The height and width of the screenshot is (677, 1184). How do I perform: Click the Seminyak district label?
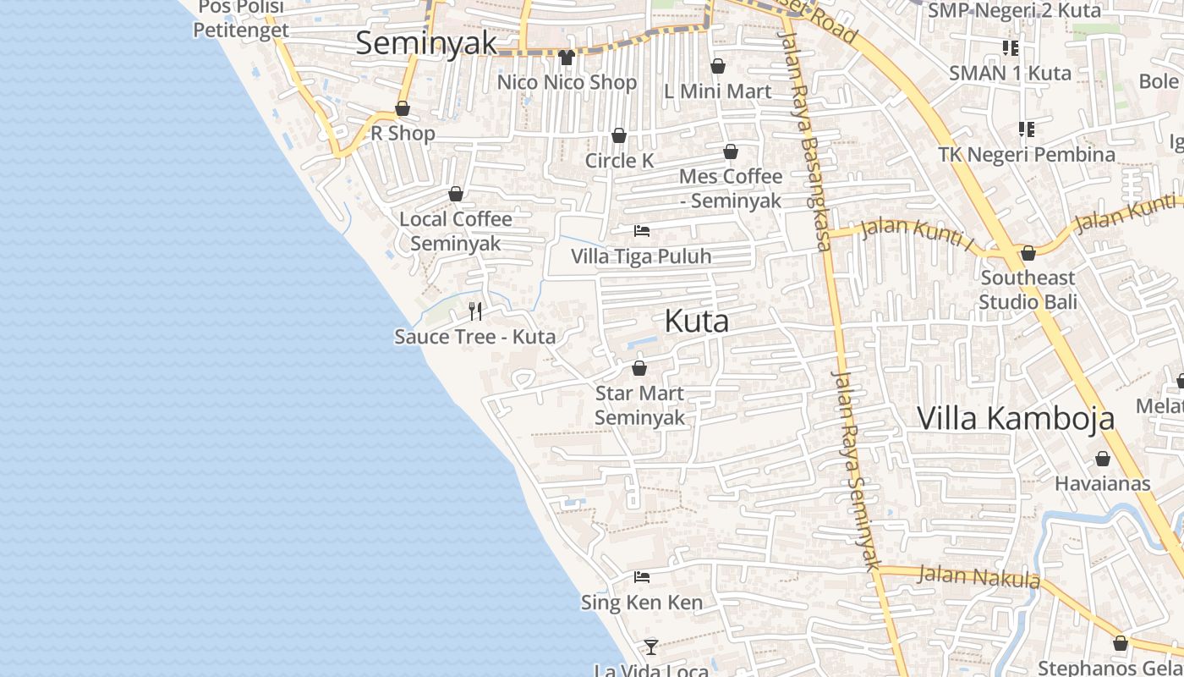[425, 43]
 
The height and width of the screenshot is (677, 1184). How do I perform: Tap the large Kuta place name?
[697, 322]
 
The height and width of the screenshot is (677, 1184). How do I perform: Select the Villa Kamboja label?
[1015, 418]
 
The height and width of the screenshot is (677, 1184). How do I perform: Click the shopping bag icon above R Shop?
[403, 109]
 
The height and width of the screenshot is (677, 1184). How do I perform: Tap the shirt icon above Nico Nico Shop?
[567, 58]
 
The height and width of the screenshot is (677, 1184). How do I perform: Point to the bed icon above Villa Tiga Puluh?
[642, 230]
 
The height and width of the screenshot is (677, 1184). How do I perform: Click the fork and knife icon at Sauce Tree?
[475, 311]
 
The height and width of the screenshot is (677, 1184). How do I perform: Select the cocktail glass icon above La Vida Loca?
[650, 647]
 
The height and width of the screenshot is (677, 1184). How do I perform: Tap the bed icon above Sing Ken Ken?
[642, 577]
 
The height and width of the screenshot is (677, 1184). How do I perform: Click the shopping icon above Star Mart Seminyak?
[639, 368]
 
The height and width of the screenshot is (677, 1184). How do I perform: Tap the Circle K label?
[619, 161]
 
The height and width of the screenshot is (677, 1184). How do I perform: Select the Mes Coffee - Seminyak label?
[731, 188]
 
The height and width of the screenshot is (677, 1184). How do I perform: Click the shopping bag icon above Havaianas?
[1102, 459]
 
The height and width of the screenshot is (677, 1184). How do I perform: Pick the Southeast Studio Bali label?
[1028, 289]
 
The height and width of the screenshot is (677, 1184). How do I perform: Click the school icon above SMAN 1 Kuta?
[1010, 48]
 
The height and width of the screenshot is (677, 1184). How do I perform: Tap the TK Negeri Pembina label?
[1027, 155]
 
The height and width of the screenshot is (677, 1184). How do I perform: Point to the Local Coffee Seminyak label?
[456, 231]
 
